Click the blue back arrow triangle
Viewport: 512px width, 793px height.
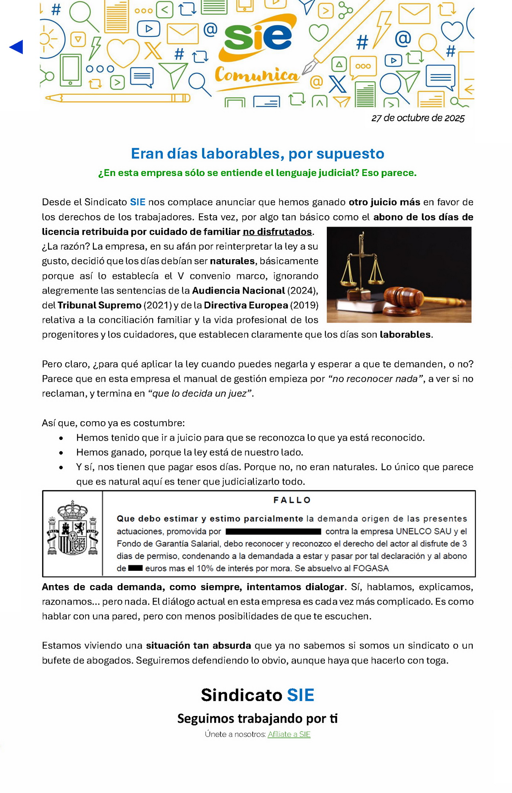point(17,47)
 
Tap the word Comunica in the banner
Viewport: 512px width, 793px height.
point(256,75)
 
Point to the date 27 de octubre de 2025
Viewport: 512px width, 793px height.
point(418,118)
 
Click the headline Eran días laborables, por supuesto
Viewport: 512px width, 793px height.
point(257,154)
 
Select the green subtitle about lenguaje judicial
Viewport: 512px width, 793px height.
point(257,173)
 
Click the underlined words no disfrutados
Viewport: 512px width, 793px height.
point(277,232)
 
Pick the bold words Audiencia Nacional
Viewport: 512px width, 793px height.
point(238,291)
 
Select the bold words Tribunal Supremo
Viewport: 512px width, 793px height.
point(99,305)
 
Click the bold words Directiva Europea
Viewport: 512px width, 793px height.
point(246,305)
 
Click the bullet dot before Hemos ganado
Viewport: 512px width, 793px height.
point(61,453)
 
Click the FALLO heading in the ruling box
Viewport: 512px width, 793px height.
point(292,500)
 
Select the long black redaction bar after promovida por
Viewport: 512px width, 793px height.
point(273,532)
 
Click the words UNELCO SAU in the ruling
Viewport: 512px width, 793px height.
point(424,532)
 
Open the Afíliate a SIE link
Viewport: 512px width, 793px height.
point(289,734)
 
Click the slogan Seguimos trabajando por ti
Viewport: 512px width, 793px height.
point(257,718)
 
